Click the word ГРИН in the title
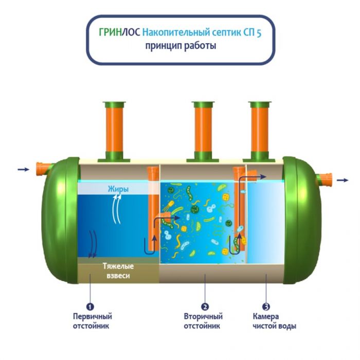(110, 32)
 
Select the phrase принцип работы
(181, 46)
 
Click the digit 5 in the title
(259, 33)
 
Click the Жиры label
(118, 189)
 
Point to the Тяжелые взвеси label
(118, 271)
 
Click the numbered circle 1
(90, 307)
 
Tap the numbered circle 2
(205, 307)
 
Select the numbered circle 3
(266, 307)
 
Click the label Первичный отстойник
(93, 321)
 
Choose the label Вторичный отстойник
(204, 321)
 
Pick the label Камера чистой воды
(275, 321)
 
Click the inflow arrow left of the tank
(24, 169)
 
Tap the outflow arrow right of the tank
(343, 180)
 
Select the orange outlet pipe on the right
(324, 180)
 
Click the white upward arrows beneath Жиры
(117, 209)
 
